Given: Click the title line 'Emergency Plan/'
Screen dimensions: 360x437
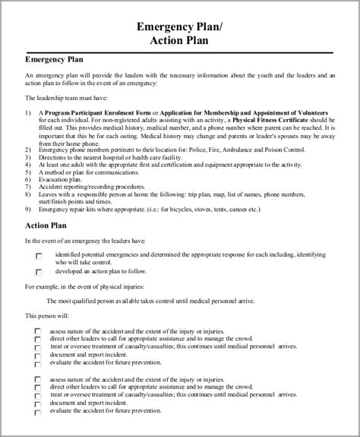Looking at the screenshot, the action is point(179,27).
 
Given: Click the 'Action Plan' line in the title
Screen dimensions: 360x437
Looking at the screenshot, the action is point(179,42).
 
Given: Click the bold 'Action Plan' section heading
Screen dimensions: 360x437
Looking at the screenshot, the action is point(47,226).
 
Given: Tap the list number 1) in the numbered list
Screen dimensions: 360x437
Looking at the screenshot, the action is point(28,112).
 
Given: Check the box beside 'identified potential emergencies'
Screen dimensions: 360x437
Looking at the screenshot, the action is point(39,256).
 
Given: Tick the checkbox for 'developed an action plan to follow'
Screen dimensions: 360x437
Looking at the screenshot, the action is point(39,272).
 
